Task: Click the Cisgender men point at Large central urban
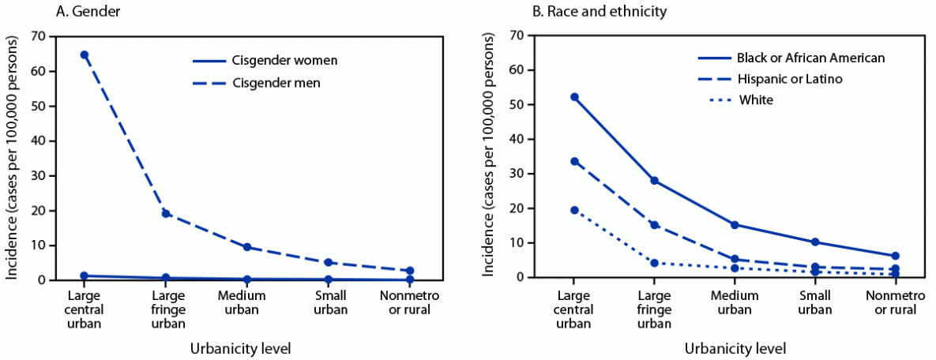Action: [x=85, y=54]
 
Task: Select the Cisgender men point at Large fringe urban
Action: [x=166, y=213]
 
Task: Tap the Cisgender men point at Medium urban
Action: [x=247, y=247]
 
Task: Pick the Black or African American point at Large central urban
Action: [x=574, y=97]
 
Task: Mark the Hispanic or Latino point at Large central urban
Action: [x=574, y=161]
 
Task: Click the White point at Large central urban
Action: [x=574, y=210]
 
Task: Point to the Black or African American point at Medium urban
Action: [x=735, y=224]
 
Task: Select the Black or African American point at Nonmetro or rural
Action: [x=895, y=256]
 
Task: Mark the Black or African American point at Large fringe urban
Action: [x=655, y=181]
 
